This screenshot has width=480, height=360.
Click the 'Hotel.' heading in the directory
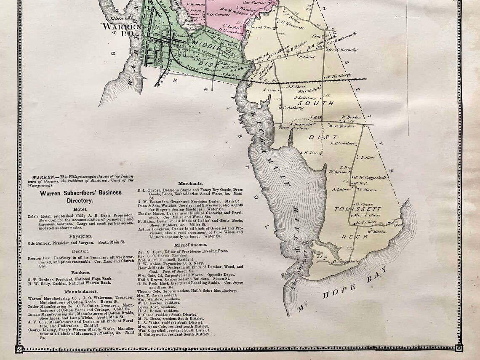pyautogui.click(x=80, y=209)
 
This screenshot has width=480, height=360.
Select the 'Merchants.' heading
pyautogui.click(x=190, y=184)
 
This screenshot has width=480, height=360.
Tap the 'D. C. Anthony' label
pyautogui.click(x=291, y=107)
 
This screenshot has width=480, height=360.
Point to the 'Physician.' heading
pyautogui.click(x=80, y=236)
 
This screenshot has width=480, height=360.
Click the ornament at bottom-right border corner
pyautogui.click(x=458, y=349)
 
